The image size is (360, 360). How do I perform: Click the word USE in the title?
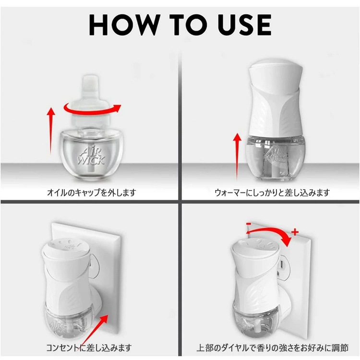(x=244, y=25)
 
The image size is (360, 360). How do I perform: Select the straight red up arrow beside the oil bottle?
(x=51, y=131)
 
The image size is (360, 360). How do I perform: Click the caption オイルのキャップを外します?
(x=91, y=192)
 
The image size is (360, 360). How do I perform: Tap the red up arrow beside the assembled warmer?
(x=237, y=156)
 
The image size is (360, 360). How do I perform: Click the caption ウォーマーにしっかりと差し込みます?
(x=272, y=192)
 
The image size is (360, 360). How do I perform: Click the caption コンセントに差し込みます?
(x=89, y=348)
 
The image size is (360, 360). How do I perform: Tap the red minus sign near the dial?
(x=249, y=224)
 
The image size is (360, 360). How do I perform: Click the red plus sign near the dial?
(x=295, y=232)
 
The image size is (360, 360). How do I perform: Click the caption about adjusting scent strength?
(x=272, y=348)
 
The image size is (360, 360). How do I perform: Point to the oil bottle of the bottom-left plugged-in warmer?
(x=68, y=322)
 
